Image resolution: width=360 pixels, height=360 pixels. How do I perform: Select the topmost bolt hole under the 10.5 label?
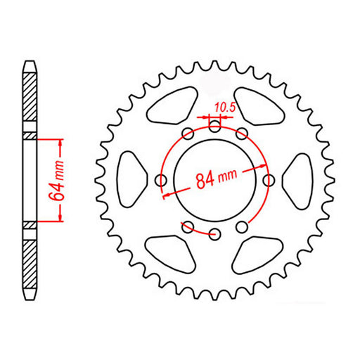coord(214,127)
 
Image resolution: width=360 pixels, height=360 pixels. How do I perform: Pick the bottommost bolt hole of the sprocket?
coord(215,233)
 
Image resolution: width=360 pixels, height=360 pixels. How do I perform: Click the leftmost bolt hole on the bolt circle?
coord(162,180)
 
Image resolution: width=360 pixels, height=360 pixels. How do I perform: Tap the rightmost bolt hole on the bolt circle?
coord(269,180)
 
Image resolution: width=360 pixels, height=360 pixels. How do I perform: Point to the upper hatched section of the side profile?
coord(30,98)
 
